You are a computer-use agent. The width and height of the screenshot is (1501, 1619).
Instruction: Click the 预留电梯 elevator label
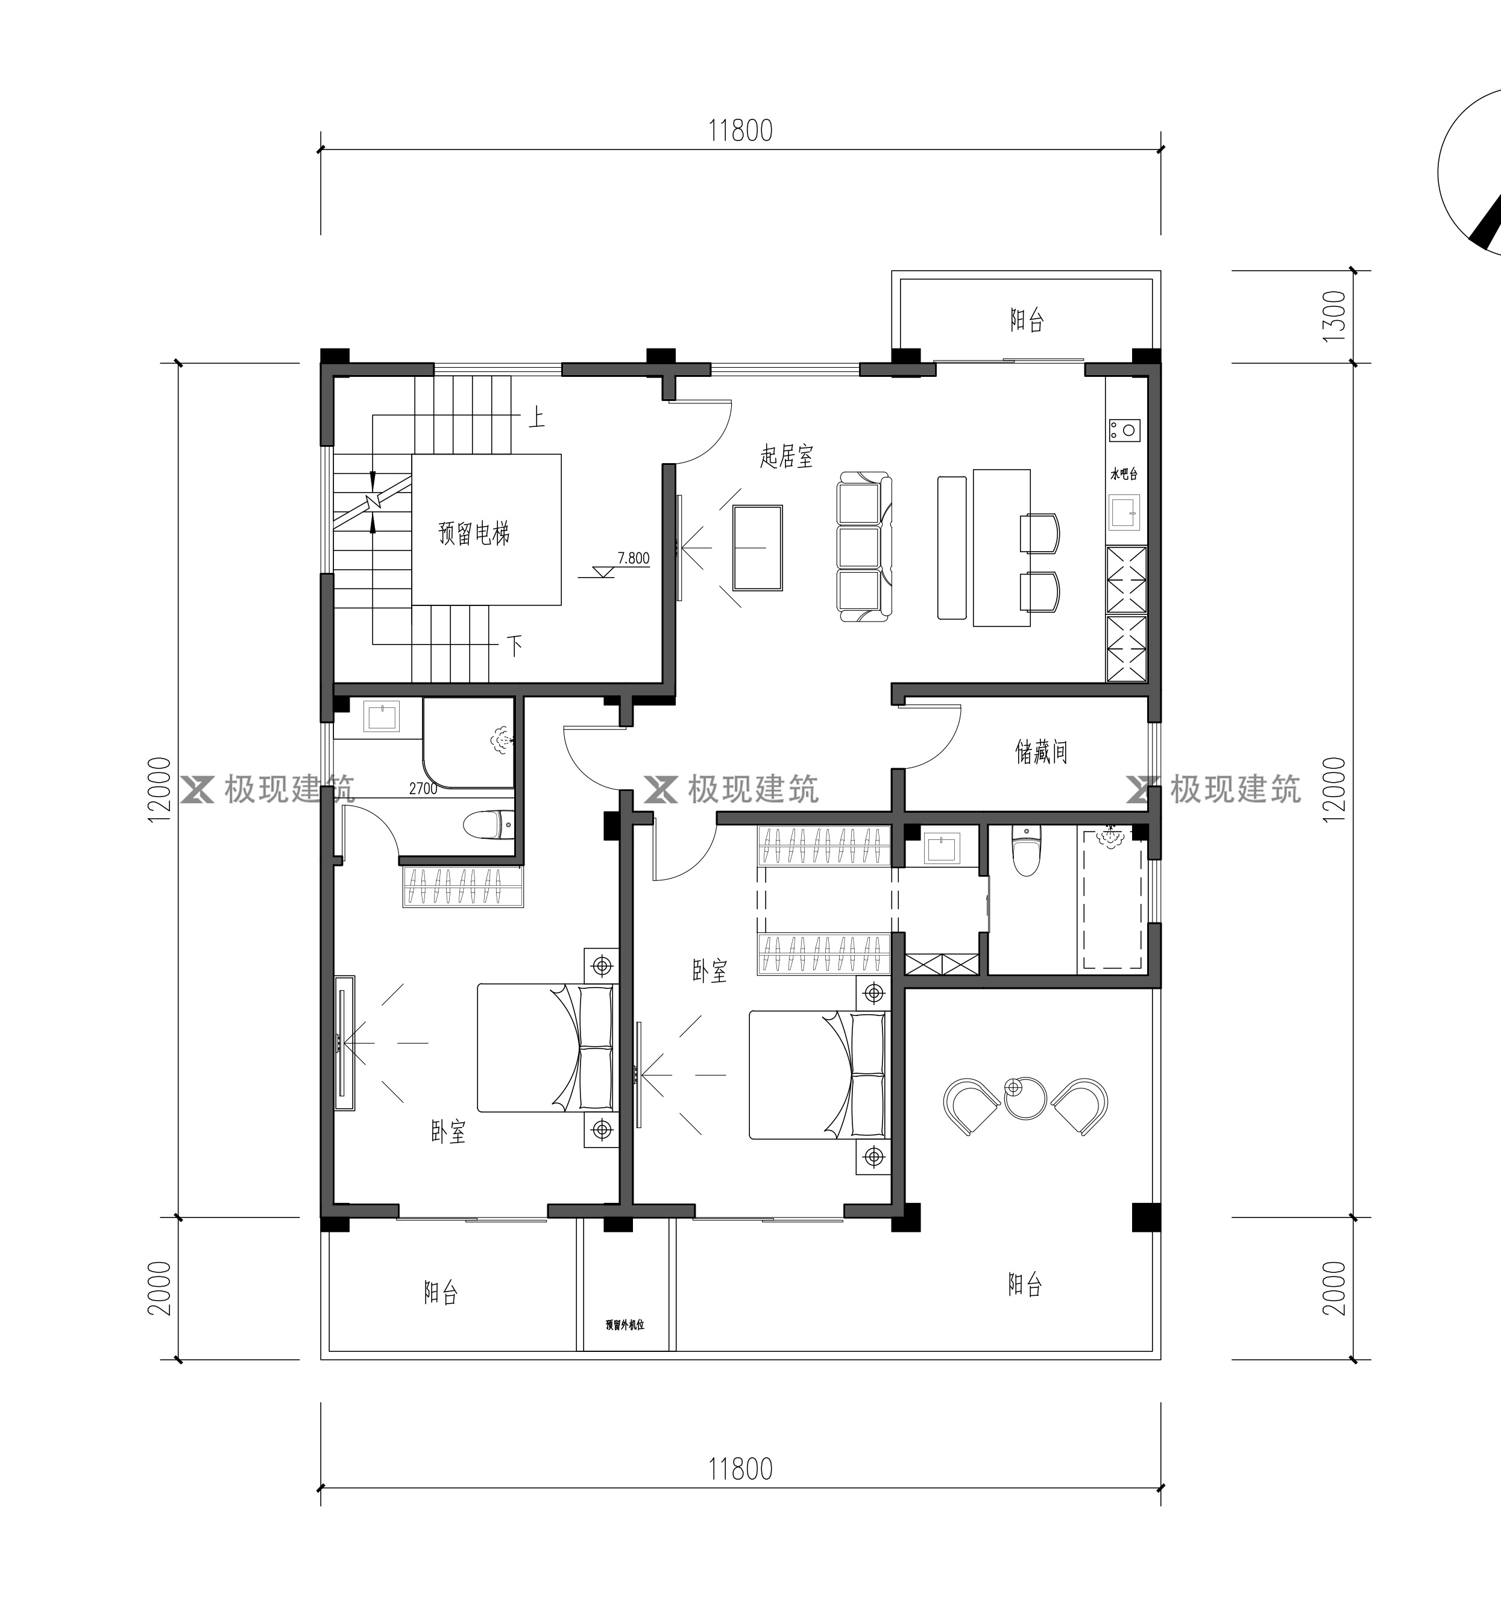474,534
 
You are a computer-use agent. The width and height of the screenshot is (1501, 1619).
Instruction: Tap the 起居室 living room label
786,456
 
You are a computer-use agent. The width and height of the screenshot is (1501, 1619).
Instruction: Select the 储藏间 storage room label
1040,751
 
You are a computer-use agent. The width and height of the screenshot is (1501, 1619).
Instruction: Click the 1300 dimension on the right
1335,316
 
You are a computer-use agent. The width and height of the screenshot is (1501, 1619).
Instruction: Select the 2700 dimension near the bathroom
423,788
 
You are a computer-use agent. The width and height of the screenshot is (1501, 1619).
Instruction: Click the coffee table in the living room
757,548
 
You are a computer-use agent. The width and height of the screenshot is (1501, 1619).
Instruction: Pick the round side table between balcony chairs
1024,1097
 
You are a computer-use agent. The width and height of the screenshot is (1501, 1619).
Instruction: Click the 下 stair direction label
515,646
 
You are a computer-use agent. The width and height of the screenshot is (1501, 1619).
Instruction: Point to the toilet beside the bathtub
1027,851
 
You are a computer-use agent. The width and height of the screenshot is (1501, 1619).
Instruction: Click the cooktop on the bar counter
1125,429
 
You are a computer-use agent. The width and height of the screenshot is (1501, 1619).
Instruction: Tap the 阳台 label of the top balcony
1027,320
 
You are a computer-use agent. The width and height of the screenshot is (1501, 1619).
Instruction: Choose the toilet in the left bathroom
489,825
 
